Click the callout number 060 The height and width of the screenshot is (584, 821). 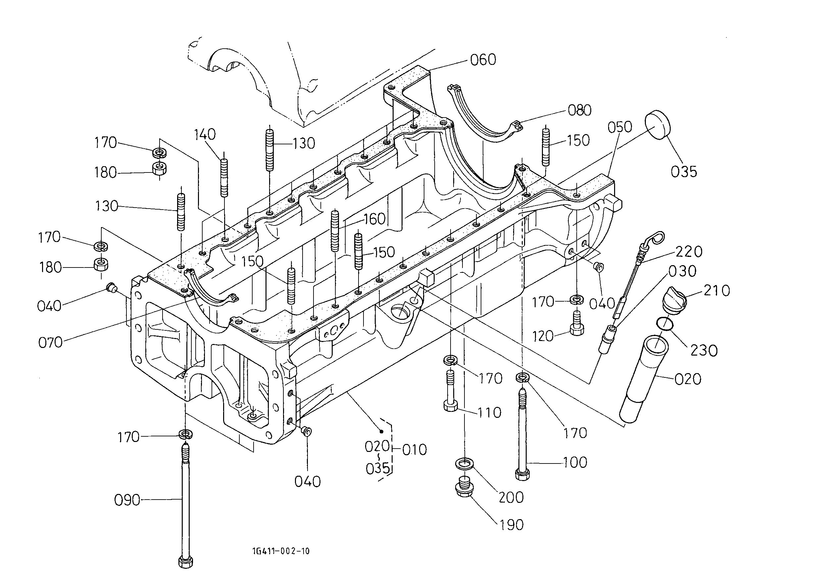coord(483,60)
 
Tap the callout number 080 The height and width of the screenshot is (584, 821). coord(579,110)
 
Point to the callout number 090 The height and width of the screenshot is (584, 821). coord(127,500)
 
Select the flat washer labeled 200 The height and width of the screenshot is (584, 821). coord(464,464)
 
